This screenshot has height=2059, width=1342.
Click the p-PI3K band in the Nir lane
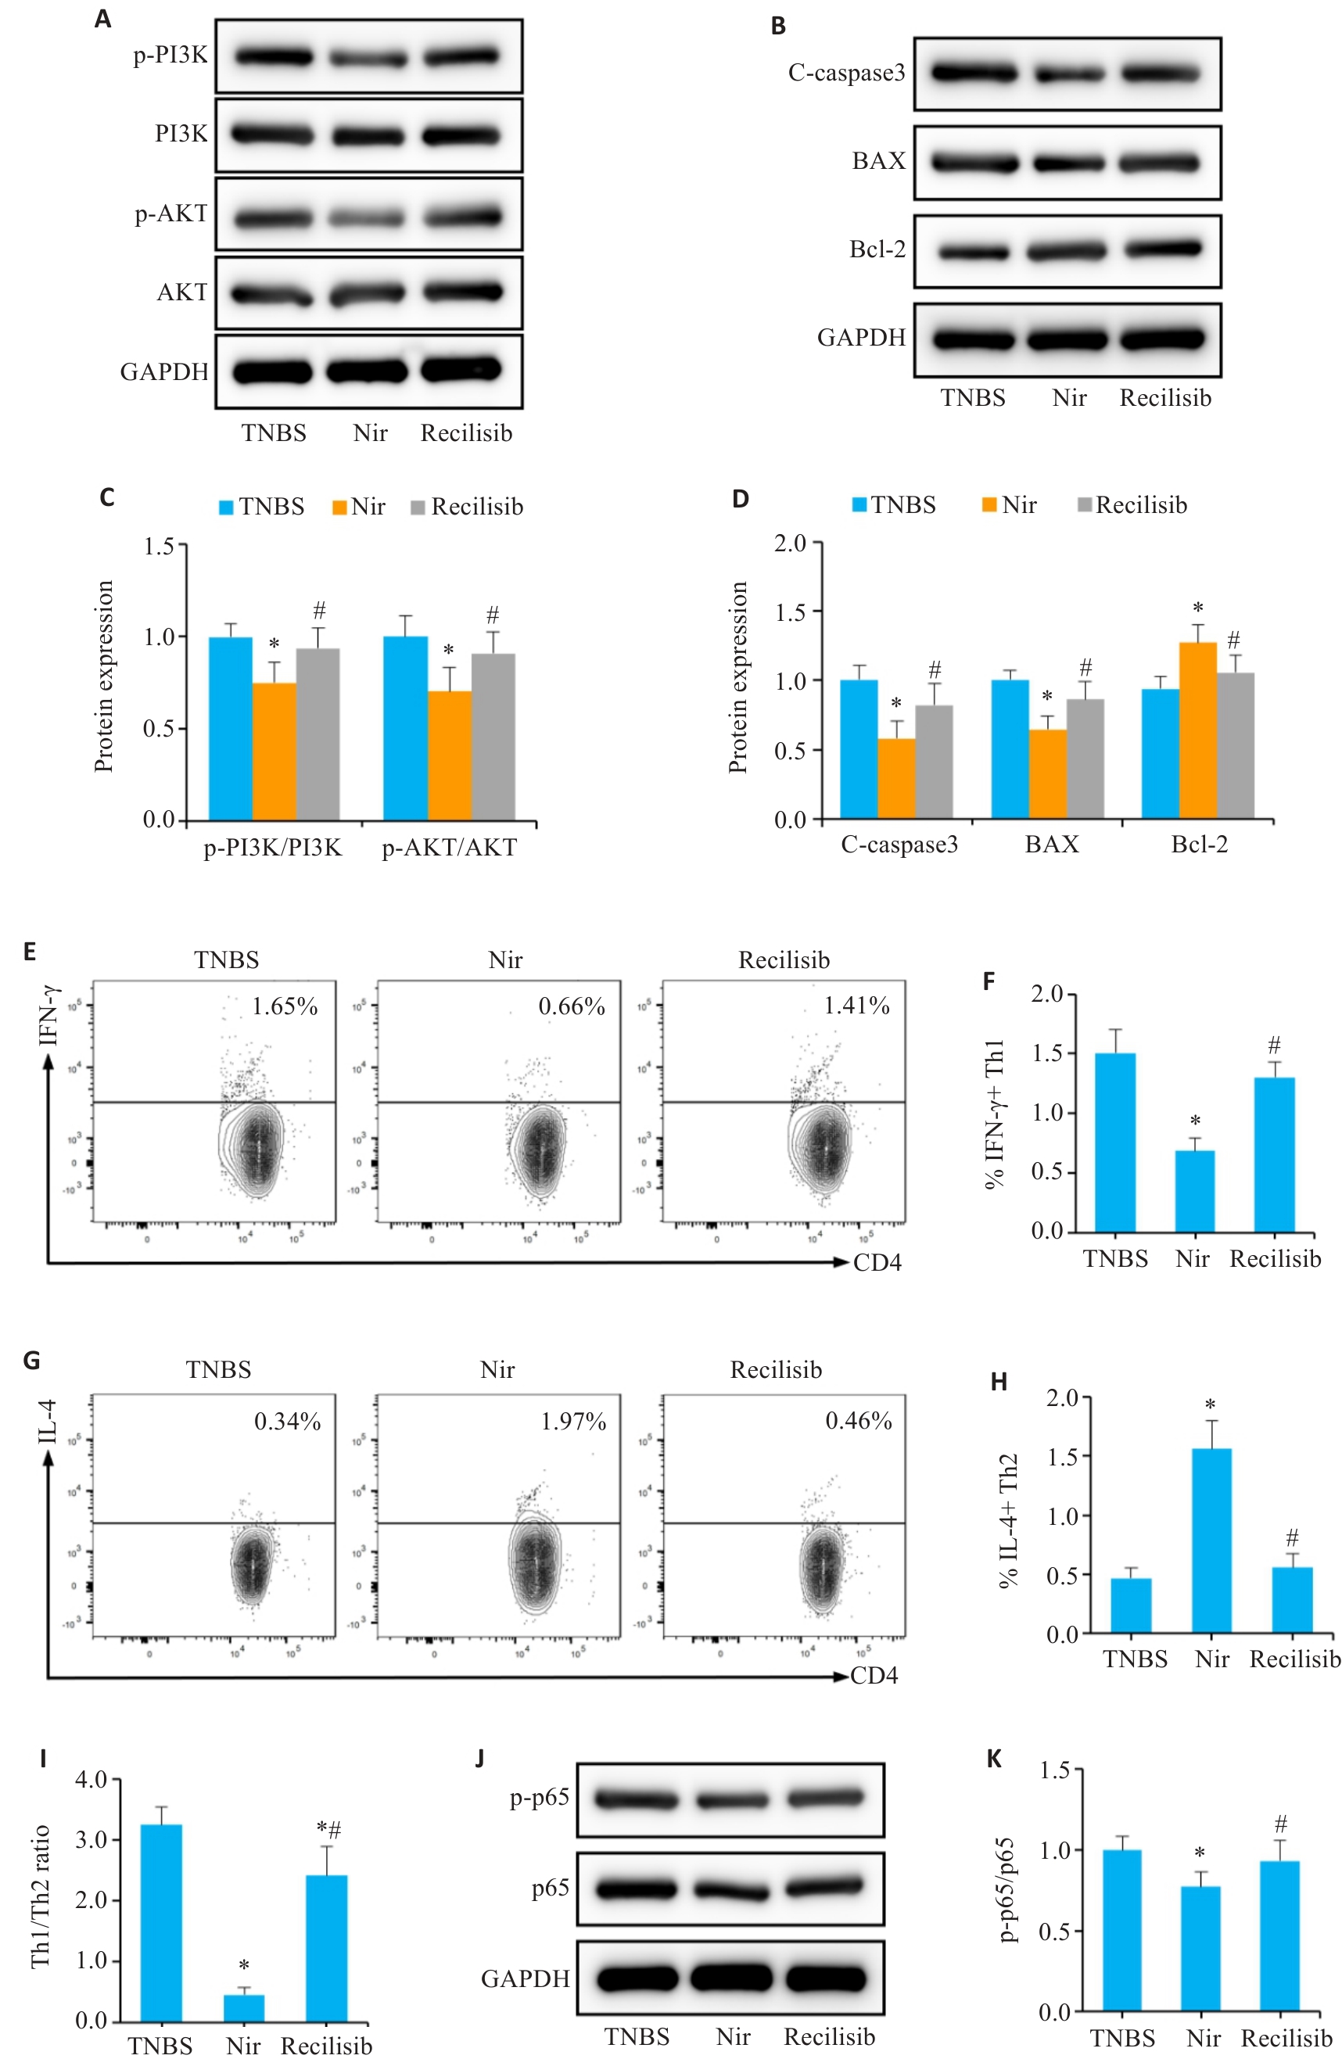[367, 58]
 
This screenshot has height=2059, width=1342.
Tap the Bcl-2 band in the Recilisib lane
[1162, 249]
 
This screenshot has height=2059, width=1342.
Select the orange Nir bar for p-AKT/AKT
[448, 755]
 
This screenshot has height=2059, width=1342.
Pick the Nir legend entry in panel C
[359, 507]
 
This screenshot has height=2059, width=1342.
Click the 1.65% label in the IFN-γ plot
[285, 1006]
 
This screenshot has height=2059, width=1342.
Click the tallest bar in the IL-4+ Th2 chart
[1211, 1540]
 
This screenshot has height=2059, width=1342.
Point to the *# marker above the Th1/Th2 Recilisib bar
[328, 1829]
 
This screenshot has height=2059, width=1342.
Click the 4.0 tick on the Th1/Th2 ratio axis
[91, 1780]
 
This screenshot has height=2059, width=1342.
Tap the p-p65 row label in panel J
[539, 1798]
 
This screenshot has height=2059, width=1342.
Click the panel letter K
[993, 1759]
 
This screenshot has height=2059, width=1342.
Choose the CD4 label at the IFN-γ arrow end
[877, 1263]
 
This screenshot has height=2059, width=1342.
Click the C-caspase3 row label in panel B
[845, 74]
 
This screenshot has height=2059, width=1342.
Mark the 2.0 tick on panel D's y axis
[789, 543]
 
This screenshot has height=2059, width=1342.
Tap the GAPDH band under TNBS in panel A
[273, 372]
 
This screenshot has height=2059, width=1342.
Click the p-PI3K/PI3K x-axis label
[273, 848]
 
